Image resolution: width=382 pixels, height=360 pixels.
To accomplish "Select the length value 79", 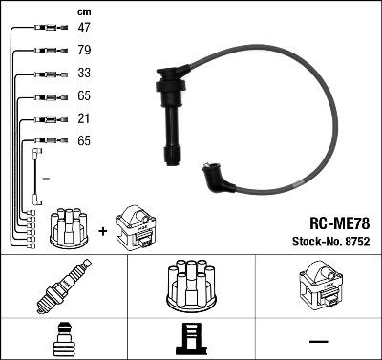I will pos(83,52).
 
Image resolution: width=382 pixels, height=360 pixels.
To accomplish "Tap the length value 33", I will pos(83,74).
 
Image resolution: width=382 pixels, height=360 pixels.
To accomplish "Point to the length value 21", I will pos(83,118).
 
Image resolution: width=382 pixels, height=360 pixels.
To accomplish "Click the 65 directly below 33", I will pos(83,96).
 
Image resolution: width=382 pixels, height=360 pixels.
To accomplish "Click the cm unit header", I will pos(82,11).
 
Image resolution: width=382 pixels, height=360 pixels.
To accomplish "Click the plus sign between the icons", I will pos(103,230).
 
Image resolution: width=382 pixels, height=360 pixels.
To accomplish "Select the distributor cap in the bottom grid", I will pos(191,285).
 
